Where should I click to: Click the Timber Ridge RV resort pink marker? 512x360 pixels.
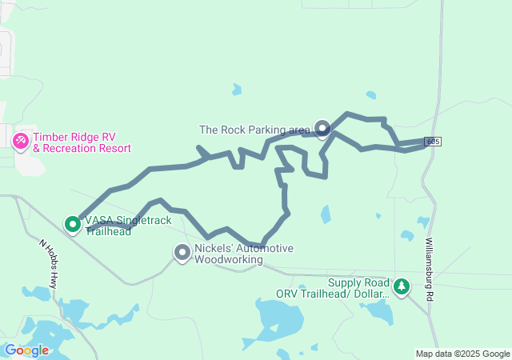20,142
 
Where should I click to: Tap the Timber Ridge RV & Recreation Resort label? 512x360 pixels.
81,142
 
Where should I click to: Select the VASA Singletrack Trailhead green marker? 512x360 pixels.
73,224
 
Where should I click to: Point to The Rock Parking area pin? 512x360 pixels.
322,127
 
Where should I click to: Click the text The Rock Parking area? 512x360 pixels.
254,130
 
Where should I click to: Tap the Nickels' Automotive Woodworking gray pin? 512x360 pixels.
182,253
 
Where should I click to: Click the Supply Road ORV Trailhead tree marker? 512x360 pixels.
401,285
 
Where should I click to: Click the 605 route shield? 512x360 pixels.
433,142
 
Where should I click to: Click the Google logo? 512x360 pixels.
26,350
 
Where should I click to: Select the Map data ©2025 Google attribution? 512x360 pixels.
462,354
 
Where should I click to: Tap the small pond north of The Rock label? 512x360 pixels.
237,90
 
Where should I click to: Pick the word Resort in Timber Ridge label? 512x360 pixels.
113,148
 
